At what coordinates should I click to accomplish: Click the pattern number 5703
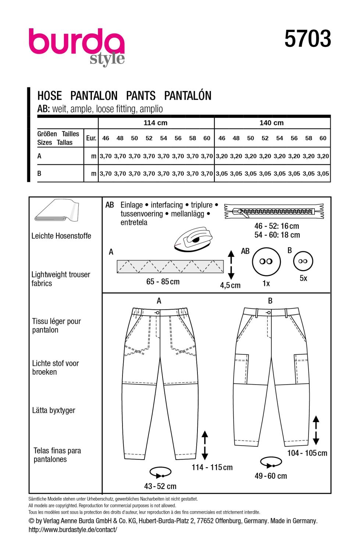point(308,39)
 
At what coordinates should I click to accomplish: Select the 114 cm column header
point(155,123)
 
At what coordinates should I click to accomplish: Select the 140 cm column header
point(271,123)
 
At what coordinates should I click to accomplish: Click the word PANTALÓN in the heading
point(188,96)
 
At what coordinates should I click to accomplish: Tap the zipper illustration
point(274,211)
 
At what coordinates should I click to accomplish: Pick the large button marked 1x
point(266,261)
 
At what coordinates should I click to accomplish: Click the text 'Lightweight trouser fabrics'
point(61,279)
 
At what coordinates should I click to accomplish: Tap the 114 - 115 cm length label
point(212,467)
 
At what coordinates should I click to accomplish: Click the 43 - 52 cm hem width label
point(160,486)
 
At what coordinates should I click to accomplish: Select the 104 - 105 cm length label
point(307,453)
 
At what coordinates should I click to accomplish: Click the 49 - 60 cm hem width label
point(271,476)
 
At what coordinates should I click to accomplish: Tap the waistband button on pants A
point(157,312)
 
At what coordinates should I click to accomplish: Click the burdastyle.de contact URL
point(73,530)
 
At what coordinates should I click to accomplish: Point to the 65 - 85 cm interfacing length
point(163,282)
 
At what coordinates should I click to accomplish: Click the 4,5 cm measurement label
point(230,285)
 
